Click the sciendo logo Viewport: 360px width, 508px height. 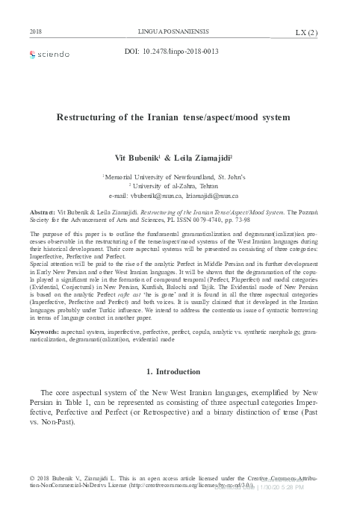tap(49, 54)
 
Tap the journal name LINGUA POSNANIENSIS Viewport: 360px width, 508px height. tap(179, 32)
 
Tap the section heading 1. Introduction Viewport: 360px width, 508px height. tap(180, 372)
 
